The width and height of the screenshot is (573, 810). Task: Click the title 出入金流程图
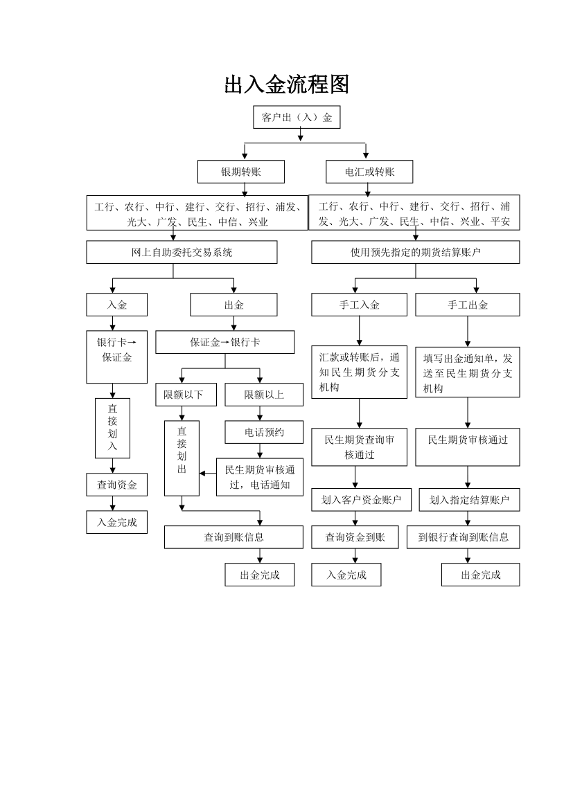point(287,84)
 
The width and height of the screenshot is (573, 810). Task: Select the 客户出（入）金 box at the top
point(297,117)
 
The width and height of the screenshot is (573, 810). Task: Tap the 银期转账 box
point(241,172)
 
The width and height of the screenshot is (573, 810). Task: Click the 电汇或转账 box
point(369,172)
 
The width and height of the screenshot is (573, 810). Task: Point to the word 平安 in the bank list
point(500,222)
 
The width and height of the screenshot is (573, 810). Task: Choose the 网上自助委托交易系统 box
point(182,252)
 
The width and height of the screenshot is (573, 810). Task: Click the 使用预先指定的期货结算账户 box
point(415,252)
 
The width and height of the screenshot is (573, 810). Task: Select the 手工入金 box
point(359,305)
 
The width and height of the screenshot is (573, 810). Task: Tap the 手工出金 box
point(468,305)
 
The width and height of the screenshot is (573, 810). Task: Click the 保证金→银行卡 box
point(225,342)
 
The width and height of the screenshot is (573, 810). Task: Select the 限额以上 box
point(264,395)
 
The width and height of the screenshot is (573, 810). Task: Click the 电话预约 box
point(264,432)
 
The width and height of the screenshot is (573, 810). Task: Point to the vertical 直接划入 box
point(112,429)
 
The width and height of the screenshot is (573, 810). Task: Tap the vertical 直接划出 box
point(182,458)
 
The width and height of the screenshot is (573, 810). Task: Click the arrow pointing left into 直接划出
point(208,473)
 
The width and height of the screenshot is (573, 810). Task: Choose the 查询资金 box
point(117,485)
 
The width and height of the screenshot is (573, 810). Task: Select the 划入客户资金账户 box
point(361,500)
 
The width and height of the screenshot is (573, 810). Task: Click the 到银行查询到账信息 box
point(463,537)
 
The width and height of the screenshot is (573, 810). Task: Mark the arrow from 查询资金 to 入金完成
point(113,504)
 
